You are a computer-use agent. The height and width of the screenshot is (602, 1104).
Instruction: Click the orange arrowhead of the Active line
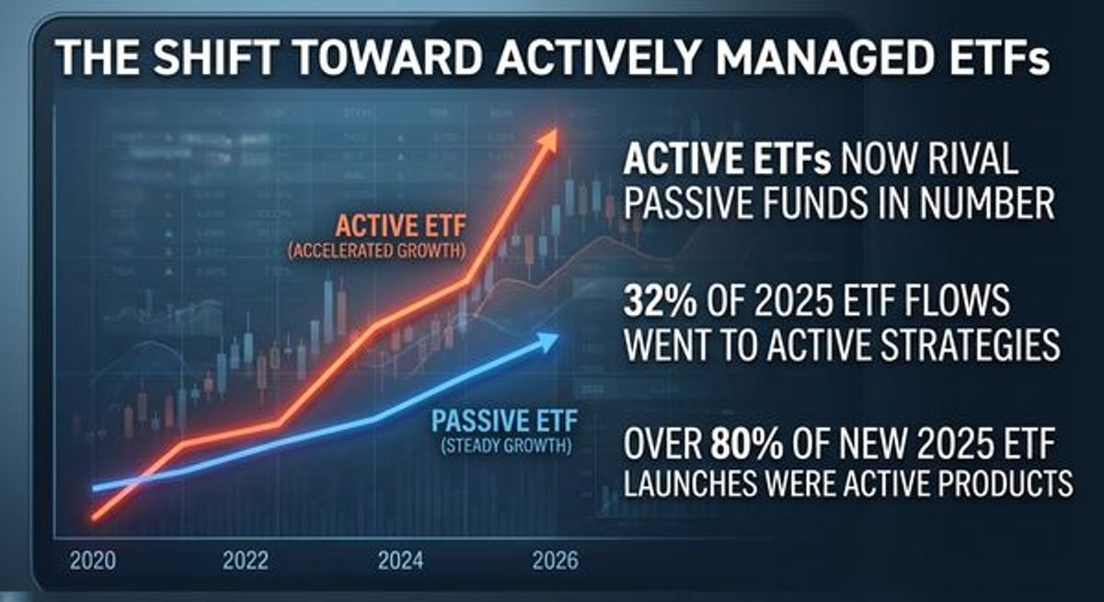point(548,139)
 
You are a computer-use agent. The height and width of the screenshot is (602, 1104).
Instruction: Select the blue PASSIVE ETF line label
point(504,425)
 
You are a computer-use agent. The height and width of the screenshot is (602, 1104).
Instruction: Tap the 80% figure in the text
point(746,446)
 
